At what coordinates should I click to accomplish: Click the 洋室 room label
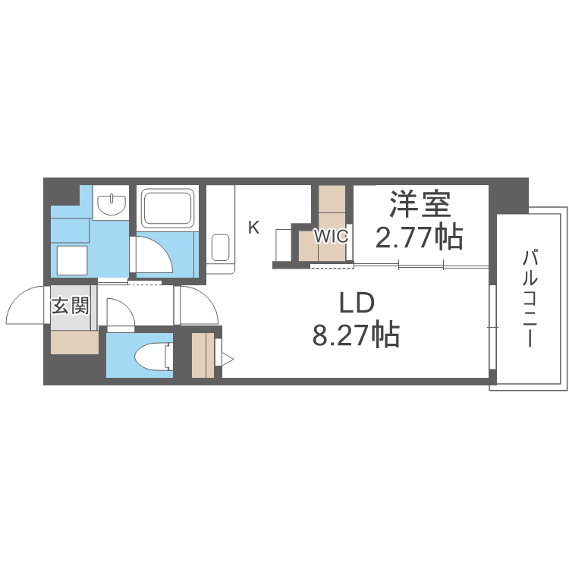(420, 204)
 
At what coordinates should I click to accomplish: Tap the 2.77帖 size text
(419, 237)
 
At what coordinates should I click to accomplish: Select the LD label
(357, 303)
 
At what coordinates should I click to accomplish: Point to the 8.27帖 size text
(356, 335)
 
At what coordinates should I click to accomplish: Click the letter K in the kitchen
(253, 228)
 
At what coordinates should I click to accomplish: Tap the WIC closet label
(331, 237)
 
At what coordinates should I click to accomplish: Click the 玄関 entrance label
(71, 306)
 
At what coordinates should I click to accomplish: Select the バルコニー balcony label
(530, 298)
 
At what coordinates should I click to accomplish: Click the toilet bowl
(153, 357)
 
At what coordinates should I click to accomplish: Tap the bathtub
(168, 208)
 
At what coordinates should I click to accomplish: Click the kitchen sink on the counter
(220, 247)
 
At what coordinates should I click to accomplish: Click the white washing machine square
(72, 260)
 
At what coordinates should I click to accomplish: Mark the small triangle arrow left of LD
(228, 360)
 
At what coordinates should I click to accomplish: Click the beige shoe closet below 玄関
(75, 342)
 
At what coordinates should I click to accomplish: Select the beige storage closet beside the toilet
(203, 355)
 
